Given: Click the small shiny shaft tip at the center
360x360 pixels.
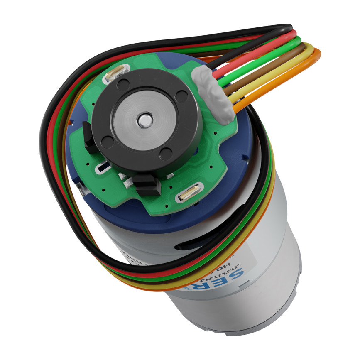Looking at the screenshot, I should [144, 120].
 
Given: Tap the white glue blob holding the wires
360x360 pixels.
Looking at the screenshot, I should [214, 95].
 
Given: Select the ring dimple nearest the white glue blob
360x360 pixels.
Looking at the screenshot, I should [181, 96].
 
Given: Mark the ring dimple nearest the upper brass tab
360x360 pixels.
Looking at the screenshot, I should [122, 85].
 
